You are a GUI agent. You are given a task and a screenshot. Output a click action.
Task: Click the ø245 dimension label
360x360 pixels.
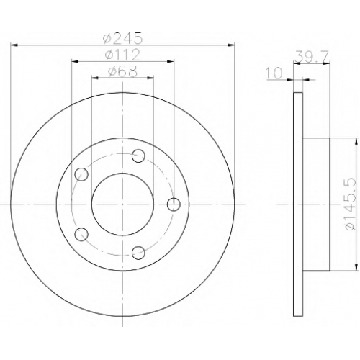(x=122, y=38)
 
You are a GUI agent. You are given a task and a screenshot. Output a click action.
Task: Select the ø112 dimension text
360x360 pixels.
(x=122, y=55)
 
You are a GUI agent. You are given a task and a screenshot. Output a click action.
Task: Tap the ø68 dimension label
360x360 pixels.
(x=122, y=71)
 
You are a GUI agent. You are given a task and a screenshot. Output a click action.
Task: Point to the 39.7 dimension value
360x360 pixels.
(x=312, y=57)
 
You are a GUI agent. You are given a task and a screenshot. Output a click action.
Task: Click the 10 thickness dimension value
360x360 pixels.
(x=274, y=73)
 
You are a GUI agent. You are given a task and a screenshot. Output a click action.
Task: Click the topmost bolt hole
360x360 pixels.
(x=138, y=156)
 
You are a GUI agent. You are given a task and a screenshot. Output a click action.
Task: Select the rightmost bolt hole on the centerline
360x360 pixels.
(x=174, y=204)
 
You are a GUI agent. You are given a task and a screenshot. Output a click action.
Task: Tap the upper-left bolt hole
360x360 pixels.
(x=81, y=174)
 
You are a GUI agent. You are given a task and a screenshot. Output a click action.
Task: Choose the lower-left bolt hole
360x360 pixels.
(x=81, y=234)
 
